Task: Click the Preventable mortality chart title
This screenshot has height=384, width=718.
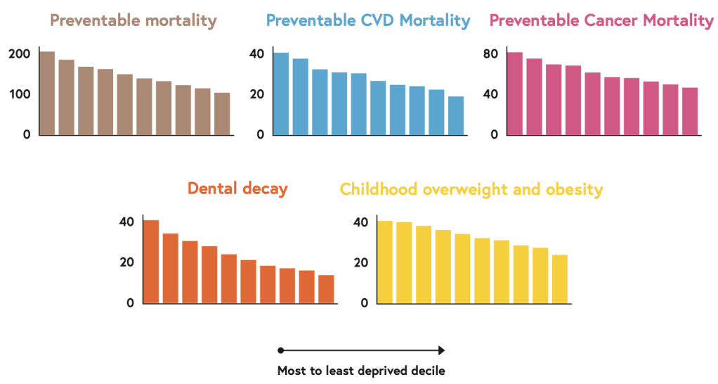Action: [133, 20]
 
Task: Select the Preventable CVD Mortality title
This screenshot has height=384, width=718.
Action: [369, 20]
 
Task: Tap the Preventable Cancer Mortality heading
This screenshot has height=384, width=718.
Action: [601, 20]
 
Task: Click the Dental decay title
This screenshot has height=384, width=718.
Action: [237, 188]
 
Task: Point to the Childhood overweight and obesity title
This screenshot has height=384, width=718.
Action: [471, 189]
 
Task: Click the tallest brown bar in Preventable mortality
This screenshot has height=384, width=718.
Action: [47, 93]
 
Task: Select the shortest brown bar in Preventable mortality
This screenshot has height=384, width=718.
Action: [222, 113]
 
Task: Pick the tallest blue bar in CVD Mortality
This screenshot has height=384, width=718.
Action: [281, 94]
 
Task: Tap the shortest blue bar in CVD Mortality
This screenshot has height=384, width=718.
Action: [456, 115]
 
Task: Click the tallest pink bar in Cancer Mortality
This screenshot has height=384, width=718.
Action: [514, 94]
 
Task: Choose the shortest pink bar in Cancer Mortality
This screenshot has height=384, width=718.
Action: [689, 111]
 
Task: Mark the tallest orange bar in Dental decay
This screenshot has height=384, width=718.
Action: [151, 262]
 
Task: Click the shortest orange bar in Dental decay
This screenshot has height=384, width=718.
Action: [326, 289]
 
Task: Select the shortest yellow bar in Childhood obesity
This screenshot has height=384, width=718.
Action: [560, 279]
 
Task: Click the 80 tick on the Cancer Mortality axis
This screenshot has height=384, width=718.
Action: [490, 54]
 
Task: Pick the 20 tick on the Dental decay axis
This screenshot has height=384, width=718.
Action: [126, 262]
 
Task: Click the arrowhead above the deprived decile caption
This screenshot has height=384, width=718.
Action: [442, 350]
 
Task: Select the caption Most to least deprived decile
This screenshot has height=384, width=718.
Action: [361, 370]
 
